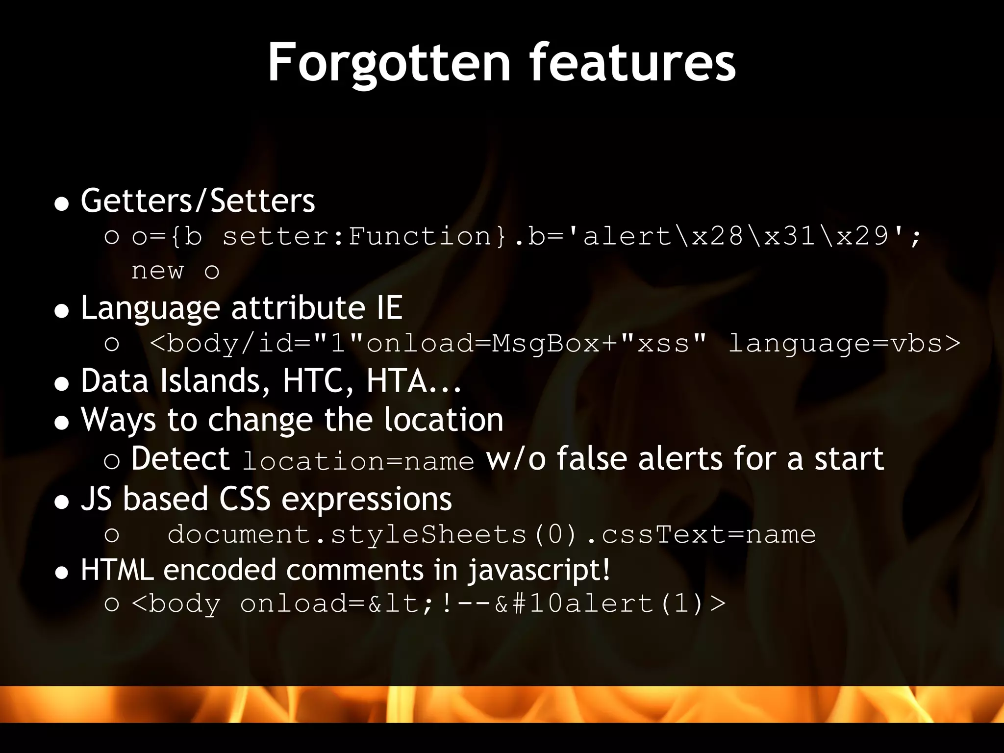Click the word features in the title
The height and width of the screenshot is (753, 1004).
pyautogui.click(x=632, y=63)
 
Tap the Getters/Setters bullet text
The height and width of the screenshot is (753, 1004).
pyautogui.click(x=198, y=201)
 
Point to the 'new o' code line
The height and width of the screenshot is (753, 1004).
pyautogui.click(x=175, y=271)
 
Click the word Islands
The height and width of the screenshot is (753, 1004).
pyautogui.click(x=216, y=381)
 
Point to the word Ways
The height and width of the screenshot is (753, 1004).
pyautogui.click(x=118, y=420)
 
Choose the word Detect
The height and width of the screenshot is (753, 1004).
pyautogui.click(x=180, y=459)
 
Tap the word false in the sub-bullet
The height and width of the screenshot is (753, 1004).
pyautogui.click(x=591, y=459)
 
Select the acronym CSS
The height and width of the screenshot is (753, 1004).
pyautogui.click(x=245, y=499)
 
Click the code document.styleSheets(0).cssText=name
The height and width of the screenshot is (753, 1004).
pyautogui.click(x=491, y=534)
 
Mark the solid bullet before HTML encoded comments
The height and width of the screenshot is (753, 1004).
pyautogui.click(x=62, y=572)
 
